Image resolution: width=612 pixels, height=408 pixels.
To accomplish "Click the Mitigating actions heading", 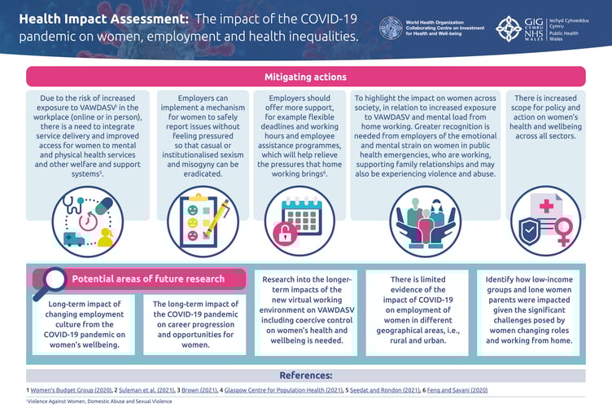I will (305, 77).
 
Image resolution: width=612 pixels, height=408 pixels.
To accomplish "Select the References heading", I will (305, 375).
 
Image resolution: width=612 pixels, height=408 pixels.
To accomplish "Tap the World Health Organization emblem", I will (391, 27).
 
